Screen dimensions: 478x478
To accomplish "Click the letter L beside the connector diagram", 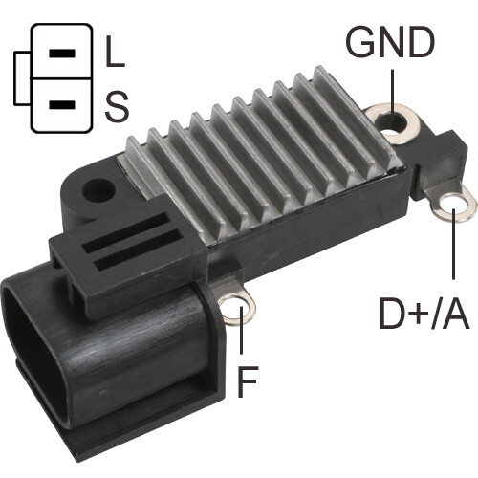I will [x=114, y=54].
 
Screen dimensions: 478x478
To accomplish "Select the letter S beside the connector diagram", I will [x=115, y=104].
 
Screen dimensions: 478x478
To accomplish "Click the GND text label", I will [x=389, y=43].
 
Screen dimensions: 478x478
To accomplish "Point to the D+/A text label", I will [x=422, y=314].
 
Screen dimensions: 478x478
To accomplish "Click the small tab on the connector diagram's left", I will [x=23, y=77].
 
